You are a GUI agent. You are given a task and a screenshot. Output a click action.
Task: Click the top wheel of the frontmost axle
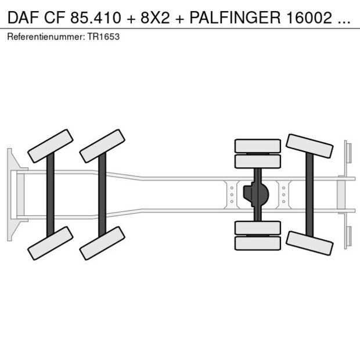point(51,146)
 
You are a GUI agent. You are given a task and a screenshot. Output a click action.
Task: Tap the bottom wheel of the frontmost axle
point(51,243)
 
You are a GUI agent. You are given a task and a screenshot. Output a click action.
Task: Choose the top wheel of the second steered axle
point(102,146)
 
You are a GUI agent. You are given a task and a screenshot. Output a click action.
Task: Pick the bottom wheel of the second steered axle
point(102,243)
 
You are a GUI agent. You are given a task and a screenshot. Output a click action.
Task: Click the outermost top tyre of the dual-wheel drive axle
point(257,145)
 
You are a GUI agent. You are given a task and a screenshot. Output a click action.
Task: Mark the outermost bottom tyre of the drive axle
point(257,243)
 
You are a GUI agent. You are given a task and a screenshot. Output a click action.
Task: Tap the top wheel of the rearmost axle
point(309,146)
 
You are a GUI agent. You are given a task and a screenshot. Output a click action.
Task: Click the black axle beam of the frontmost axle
point(51,195)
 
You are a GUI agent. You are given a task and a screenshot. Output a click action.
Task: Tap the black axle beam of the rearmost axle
point(309,195)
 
